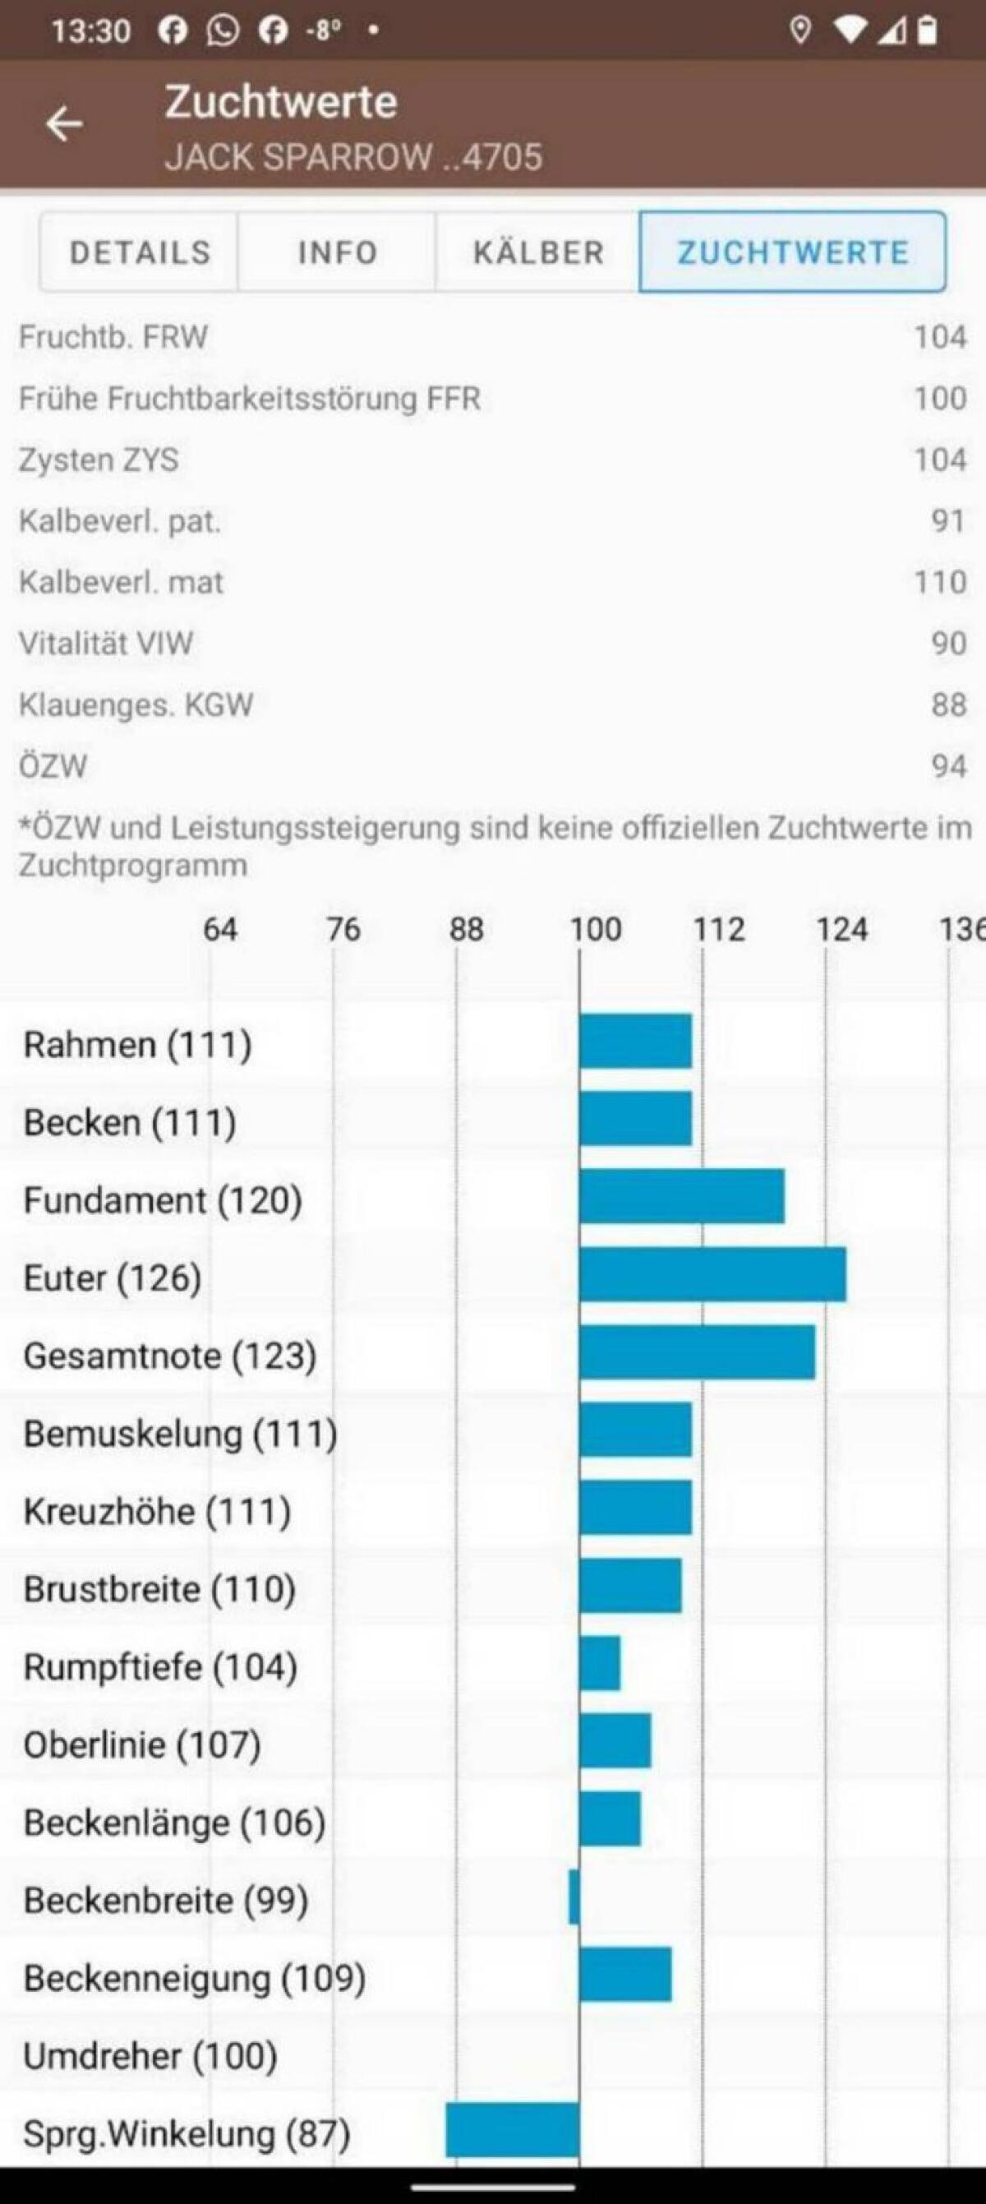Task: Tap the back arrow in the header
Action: point(64,125)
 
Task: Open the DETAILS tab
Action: point(140,252)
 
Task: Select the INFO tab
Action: point(337,252)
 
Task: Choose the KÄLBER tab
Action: point(538,252)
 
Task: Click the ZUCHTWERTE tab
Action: point(793,252)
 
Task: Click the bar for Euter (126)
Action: point(712,1275)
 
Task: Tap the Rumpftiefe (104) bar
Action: point(600,1664)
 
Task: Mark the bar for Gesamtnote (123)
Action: point(697,1352)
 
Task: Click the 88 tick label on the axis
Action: point(466,929)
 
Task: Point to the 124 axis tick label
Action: point(841,929)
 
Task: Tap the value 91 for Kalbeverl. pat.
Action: point(947,521)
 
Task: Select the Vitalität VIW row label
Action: point(106,644)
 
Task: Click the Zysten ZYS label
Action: point(99,460)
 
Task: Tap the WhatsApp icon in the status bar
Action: point(223,30)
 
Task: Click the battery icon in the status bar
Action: point(927,30)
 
